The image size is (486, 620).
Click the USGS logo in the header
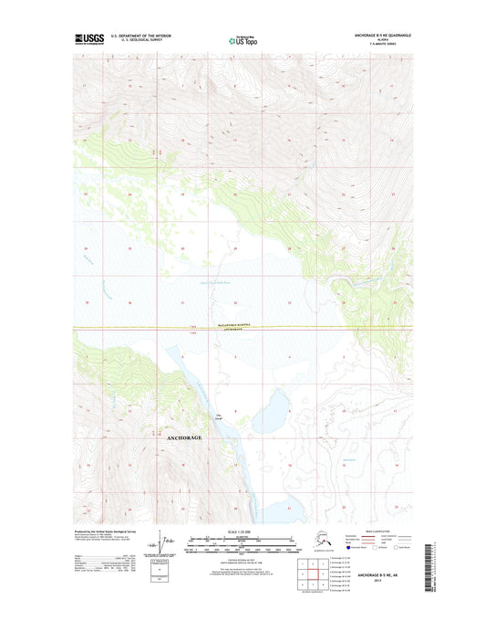coord(88,39)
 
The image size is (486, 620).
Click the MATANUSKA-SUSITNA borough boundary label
coord(243,324)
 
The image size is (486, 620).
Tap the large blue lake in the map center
coord(271,412)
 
